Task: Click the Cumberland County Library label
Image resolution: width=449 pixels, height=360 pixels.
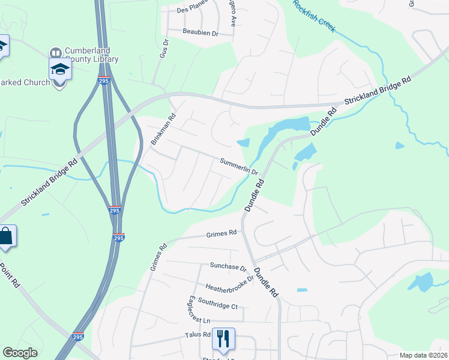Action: (91, 55)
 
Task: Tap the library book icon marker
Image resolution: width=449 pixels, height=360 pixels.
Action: (56, 53)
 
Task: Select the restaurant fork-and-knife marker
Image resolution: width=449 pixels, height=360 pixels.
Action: (223, 339)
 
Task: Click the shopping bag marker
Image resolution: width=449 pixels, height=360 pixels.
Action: (5, 237)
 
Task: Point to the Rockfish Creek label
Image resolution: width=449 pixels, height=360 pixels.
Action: (314, 16)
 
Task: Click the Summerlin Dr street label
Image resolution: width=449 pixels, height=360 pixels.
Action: (239, 166)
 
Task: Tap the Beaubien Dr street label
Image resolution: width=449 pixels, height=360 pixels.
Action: (200, 32)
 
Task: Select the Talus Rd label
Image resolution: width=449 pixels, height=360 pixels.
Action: (197, 335)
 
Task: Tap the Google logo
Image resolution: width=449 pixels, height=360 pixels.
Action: (20, 353)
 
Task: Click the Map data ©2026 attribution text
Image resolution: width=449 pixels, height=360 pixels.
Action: (424, 355)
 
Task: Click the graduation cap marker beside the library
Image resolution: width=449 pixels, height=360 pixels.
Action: (60, 69)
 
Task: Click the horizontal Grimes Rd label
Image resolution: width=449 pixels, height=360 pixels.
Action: (221, 235)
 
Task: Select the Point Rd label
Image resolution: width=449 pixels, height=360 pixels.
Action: (10, 276)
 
